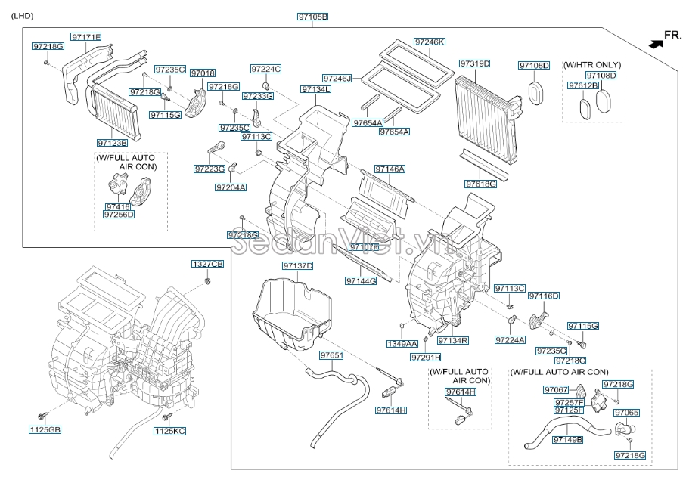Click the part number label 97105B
pos(312,17)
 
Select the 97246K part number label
pos(429,42)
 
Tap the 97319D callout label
pos(474,63)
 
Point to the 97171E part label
pos(86,36)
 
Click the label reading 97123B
pos(112,142)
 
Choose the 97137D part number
pos(298,266)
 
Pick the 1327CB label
pos(206,264)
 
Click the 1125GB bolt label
pos(45,430)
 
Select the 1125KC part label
pos(169,430)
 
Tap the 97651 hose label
pos(331,355)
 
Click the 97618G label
pos(481,184)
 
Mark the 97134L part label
pos(315,89)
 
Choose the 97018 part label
pos(203,73)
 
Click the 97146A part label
pos(390,169)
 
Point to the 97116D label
pos(544,296)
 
